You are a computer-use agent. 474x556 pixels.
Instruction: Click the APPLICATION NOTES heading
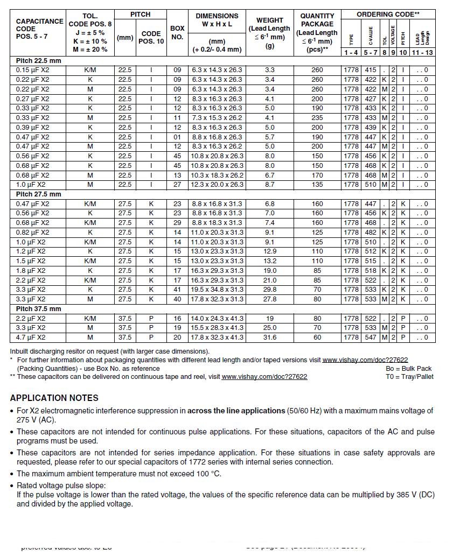click(x=54, y=398)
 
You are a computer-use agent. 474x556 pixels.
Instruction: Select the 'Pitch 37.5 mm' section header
click(x=38, y=309)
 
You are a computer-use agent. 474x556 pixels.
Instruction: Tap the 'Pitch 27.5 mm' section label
click(x=38, y=194)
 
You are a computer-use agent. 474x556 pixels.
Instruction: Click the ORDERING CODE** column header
click(x=388, y=15)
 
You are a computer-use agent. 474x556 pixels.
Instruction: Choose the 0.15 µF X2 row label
click(x=32, y=70)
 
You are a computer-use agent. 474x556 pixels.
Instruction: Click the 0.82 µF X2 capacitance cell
click(x=32, y=233)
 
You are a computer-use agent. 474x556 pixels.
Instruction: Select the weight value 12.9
click(x=270, y=251)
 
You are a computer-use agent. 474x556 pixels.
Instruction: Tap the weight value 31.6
click(x=270, y=337)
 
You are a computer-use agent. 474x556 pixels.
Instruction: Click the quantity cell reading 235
click(x=317, y=118)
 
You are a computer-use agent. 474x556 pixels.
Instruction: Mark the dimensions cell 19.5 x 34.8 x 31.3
click(x=217, y=290)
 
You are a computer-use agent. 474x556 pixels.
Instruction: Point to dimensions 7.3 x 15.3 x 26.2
click(x=217, y=118)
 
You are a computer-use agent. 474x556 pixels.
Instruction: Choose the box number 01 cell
click(x=177, y=137)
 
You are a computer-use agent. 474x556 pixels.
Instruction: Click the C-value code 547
click(x=371, y=337)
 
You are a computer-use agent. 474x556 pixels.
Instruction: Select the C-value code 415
click(x=371, y=70)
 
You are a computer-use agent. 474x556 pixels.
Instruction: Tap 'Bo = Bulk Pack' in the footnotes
click(x=409, y=369)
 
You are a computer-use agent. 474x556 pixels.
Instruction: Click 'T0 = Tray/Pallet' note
click(x=409, y=377)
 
